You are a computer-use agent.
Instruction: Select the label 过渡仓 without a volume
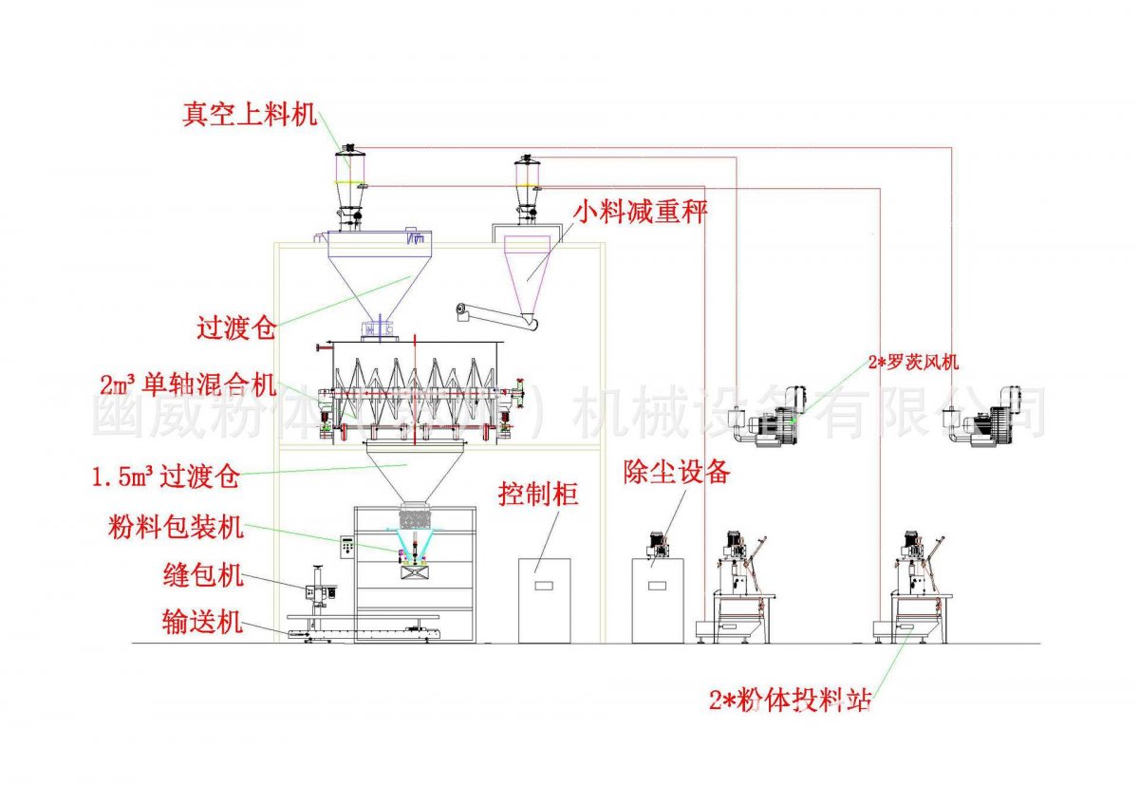[x=235, y=328]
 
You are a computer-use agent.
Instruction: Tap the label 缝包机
[x=203, y=575]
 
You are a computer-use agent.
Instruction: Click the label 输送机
[x=202, y=624]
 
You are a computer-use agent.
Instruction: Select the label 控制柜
[x=538, y=494]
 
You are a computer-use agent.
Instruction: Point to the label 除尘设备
[x=677, y=472]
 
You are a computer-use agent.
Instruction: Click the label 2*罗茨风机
[x=913, y=362]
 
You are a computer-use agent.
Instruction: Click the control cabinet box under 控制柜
[x=545, y=600]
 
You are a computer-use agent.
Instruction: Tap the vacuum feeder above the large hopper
[x=349, y=185]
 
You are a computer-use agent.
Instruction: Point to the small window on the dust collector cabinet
[x=658, y=585]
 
